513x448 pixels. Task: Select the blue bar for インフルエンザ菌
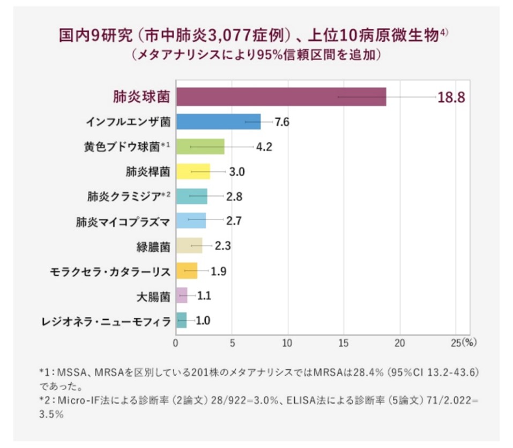click(x=218, y=122)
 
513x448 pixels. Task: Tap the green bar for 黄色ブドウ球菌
click(x=199, y=147)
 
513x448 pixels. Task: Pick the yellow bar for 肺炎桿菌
click(x=192, y=172)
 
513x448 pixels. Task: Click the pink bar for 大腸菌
click(x=182, y=295)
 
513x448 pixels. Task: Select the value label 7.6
click(x=282, y=122)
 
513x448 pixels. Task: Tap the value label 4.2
click(x=264, y=147)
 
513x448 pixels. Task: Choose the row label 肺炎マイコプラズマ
click(x=123, y=221)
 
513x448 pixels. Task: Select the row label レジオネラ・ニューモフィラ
click(x=106, y=321)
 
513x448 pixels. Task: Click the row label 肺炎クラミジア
click(x=124, y=196)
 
